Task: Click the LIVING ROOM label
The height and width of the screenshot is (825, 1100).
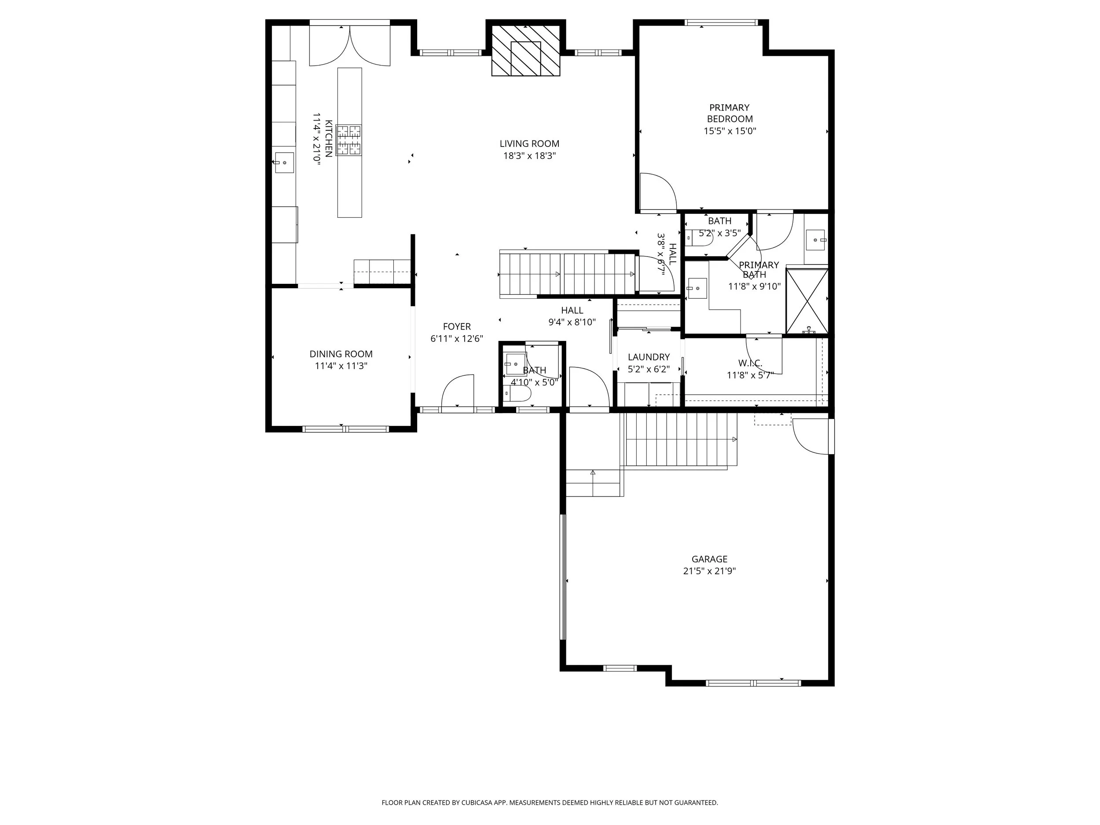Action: (x=529, y=144)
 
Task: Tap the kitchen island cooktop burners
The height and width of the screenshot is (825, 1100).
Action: (x=348, y=140)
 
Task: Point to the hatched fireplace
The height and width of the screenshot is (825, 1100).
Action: (x=526, y=51)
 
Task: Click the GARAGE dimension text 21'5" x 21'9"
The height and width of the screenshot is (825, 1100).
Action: (x=709, y=571)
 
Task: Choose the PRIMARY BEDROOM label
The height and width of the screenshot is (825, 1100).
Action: (x=730, y=114)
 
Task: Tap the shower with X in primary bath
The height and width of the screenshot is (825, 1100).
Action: (x=807, y=301)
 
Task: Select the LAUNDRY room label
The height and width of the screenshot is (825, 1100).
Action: (x=649, y=357)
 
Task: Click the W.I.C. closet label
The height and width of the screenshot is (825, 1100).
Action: (x=750, y=363)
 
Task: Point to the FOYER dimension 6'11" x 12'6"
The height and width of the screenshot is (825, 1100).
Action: (x=457, y=339)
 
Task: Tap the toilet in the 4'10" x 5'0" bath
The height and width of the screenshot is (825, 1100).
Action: (x=519, y=394)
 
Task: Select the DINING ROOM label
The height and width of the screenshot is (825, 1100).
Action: (x=341, y=354)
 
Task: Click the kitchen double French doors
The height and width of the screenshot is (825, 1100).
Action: (x=350, y=46)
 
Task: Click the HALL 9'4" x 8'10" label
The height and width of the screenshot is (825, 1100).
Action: (x=572, y=311)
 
